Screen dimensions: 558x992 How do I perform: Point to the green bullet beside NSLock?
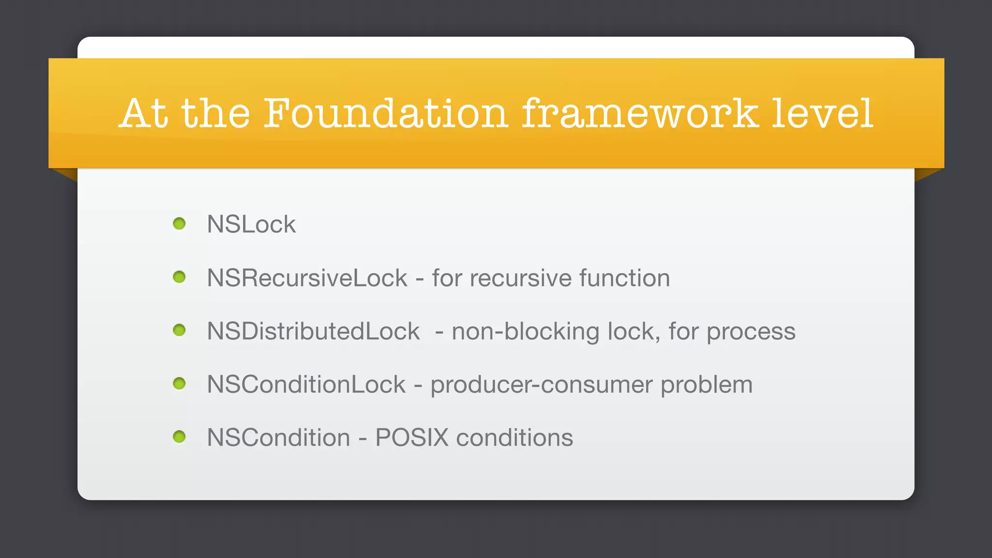(x=179, y=223)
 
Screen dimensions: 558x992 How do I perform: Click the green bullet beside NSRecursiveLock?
(x=179, y=277)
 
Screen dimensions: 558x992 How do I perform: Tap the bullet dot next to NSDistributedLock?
(x=179, y=330)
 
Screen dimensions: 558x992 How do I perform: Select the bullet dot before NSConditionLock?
(x=179, y=384)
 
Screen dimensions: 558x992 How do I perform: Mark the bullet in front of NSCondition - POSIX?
(x=179, y=437)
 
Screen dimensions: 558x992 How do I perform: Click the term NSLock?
(x=251, y=224)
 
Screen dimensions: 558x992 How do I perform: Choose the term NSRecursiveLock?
(x=307, y=278)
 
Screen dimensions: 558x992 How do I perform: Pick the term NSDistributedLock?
(x=313, y=331)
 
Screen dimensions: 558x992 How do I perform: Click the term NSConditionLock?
(x=306, y=385)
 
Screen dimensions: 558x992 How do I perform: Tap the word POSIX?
(x=412, y=438)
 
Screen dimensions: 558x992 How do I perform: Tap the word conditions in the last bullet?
(x=514, y=438)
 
